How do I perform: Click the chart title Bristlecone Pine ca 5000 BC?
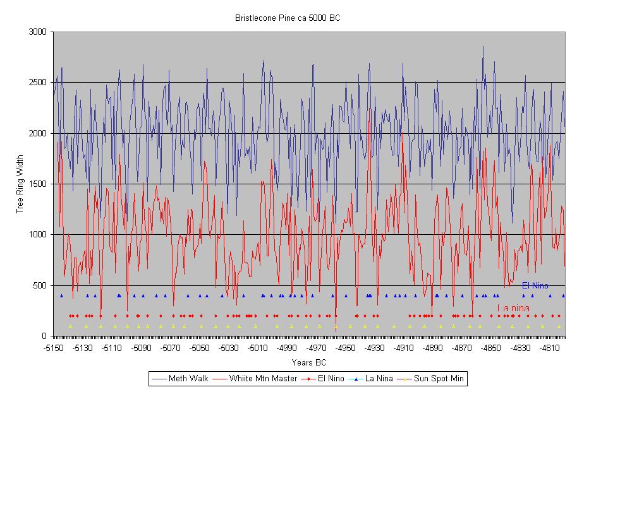pyautogui.click(x=288, y=18)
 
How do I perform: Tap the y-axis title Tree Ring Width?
pyautogui.click(x=20, y=184)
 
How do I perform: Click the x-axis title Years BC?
pyautogui.click(x=309, y=362)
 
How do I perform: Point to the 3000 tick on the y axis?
pyautogui.click(x=39, y=32)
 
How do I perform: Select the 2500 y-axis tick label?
pyautogui.click(x=39, y=83)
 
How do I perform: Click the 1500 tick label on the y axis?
pyautogui.click(x=39, y=184)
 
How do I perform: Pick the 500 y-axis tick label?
pyautogui.click(x=42, y=285)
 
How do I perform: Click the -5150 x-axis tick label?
pyautogui.click(x=54, y=348)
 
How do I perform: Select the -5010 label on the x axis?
pyautogui.click(x=258, y=348)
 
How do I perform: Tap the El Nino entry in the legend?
pyautogui.click(x=326, y=379)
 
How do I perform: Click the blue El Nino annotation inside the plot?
pyautogui.click(x=535, y=286)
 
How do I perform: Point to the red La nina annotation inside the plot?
pyautogui.click(x=513, y=308)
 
